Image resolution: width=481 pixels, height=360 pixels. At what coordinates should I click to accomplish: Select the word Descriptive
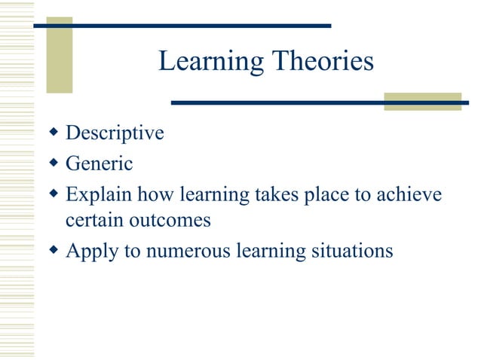115,133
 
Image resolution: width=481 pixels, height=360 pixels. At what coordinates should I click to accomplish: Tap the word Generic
99,162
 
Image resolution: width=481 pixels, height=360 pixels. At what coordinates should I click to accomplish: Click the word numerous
191,250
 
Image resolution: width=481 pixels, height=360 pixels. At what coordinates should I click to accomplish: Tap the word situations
352,250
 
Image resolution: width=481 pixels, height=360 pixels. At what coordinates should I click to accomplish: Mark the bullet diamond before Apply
53,249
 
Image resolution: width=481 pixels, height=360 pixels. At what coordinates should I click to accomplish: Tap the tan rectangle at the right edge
422,102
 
